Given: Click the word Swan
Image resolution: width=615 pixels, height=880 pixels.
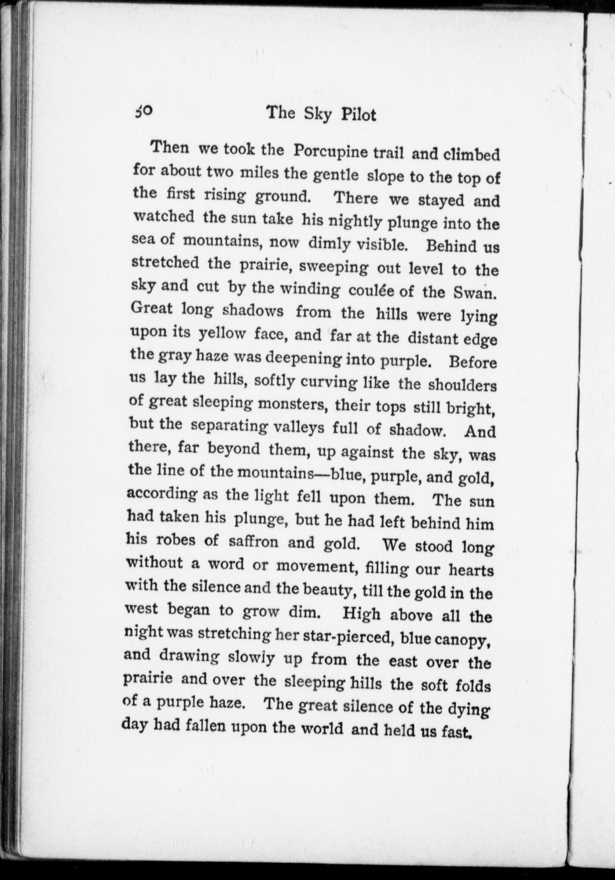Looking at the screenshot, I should click(475, 293).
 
